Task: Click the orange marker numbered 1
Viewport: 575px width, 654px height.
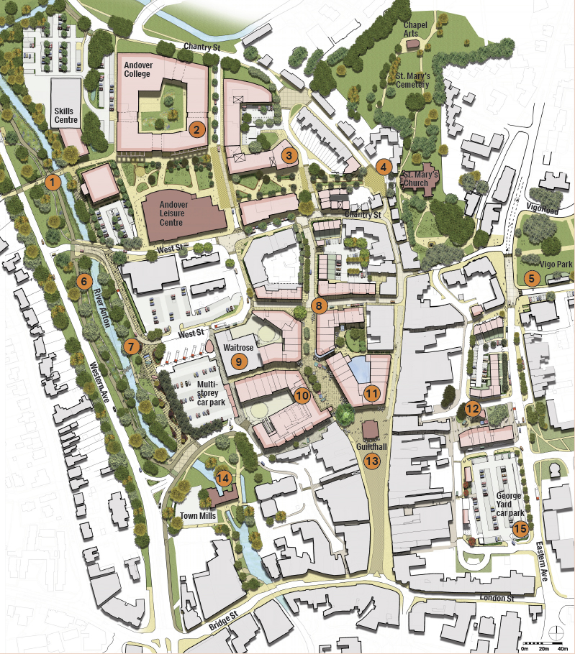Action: point(52,183)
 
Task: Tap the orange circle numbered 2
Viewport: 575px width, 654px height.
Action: point(194,129)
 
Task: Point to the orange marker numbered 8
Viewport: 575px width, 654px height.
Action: point(318,305)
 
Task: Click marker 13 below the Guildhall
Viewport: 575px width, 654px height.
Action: point(371,461)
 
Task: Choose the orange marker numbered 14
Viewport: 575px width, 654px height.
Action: point(224,477)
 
